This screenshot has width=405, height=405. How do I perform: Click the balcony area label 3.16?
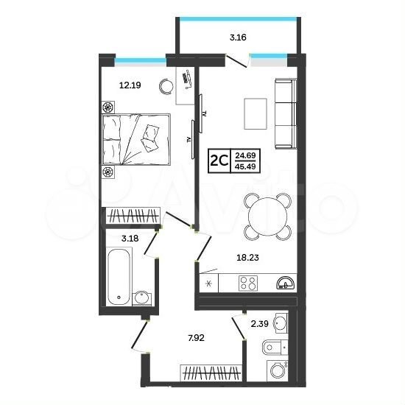coord(238,38)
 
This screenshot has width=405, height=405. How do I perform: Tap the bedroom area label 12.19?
coord(130,85)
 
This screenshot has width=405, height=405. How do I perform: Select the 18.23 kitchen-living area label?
coord(247,257)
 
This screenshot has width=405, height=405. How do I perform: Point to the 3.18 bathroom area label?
coord(130,238)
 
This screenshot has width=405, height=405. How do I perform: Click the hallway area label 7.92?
coord(197,337)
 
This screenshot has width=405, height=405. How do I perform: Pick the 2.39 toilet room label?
coord(260,323)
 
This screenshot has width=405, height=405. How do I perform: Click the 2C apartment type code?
coord(219,161)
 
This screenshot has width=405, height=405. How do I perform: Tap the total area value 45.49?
coord(245,166)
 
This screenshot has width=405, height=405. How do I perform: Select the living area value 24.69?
coord(245,155)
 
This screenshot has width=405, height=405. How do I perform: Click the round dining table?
coord(267,216)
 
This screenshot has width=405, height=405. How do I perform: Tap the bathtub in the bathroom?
coord(119,276)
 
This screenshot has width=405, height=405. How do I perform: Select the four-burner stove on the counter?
coord(248,283)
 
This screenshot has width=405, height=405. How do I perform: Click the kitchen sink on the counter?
coord(286,283)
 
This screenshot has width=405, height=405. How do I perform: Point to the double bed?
coord(136,139)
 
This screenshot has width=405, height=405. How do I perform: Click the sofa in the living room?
coord(286,114)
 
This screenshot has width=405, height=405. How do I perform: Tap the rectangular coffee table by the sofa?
coord(256,113)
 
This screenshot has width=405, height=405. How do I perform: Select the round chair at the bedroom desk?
coord(166,85)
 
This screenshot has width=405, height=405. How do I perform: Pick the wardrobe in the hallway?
coord(211,373)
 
